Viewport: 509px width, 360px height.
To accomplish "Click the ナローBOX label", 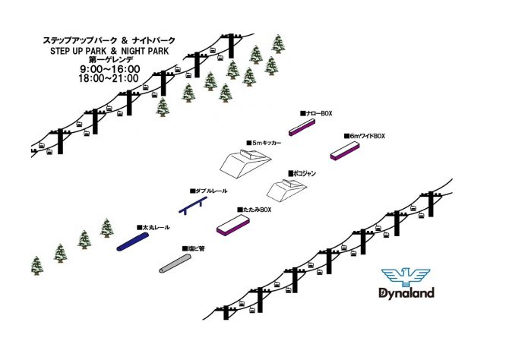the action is pyautogui.click(x=316, y=113).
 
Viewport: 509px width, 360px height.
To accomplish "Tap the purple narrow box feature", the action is pyautogui.click(x=302, y=127).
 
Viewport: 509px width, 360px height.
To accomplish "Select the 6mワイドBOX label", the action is pyautogui.click(x=365, y=136).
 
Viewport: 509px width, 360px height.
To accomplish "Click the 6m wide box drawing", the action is pyautogui.click(x=345, y=151).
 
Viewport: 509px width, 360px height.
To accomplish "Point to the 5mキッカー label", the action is pyautogui.click(x=264, y=143).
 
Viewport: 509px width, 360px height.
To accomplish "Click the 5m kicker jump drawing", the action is pyautogui.click(x=245, y=163).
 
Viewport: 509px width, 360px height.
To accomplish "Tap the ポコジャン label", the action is pyautogui.click(x=302, y=173).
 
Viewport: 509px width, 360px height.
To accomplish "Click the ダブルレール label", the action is pyautogui.click(x=209, y=191).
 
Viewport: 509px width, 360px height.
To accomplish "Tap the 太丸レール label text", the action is pyautogui.click(x=153, y=228).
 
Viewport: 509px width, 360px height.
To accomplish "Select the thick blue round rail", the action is pyautogui.click(x=132, y=242).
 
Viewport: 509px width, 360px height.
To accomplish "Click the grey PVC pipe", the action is pyautogui.click(x=175, y=264).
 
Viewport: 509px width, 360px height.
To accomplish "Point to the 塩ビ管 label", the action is pyautogui.click(x=193, y=248).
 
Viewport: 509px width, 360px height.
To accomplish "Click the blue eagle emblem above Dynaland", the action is pyautogui.click(x=406, y=277).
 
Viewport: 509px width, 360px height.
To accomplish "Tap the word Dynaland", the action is pyautogui.click(x=406, y=293).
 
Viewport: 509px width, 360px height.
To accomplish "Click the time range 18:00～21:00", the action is pyautogui.click(x=109, y=78).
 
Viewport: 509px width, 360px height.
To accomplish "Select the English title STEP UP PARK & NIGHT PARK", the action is pyautogui.click(x=109, y=51).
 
